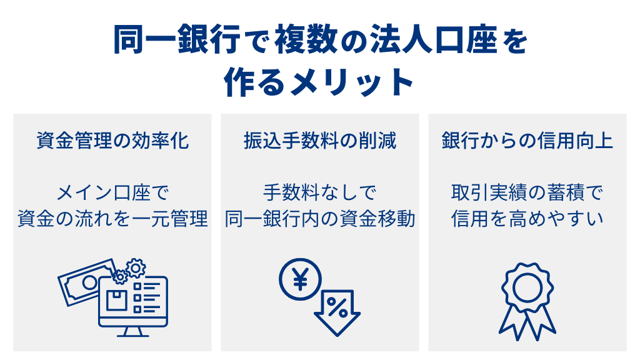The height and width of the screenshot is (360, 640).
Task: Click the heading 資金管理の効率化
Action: point(112,141)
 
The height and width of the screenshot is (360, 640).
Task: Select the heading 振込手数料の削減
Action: point(320,141)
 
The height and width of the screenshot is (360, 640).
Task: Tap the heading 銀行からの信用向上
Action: point(527,141)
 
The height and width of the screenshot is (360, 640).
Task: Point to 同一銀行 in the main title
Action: point(177,42)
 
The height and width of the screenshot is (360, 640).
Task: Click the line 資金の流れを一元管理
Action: point(112,219)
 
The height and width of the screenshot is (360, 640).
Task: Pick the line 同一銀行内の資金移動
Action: point(320,219)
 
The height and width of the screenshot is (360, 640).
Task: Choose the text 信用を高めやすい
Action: point(527,219)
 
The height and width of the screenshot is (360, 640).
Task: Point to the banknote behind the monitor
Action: point(81,281)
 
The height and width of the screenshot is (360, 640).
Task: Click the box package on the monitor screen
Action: point(116,299)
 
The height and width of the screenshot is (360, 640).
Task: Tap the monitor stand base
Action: point(133,334)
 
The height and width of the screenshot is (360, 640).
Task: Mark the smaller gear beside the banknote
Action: point(119,276)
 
